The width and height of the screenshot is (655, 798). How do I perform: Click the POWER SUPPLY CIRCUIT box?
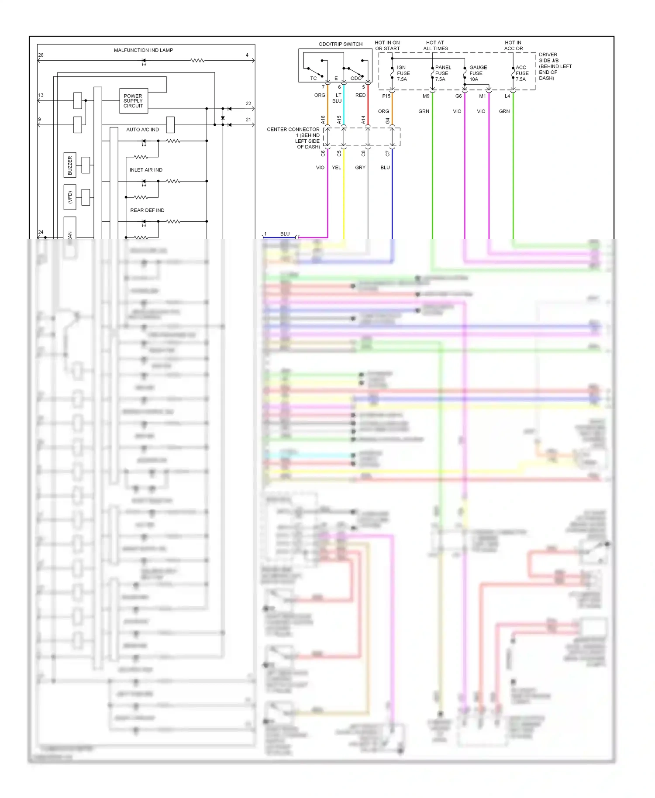click(133, 101)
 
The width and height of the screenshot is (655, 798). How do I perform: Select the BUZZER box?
click(70, 165)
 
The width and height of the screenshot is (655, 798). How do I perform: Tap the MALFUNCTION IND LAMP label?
click(143, 50)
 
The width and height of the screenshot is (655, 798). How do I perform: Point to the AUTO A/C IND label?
click(142, 130)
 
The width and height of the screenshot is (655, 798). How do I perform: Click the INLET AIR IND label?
click(146, 170)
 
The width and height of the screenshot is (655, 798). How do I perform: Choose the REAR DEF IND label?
click(147, 210)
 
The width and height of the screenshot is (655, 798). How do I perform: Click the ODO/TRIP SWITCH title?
click(341, 44)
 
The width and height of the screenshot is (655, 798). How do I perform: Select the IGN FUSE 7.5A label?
click(403, 73)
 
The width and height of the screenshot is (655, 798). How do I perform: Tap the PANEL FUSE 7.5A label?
click(442, 73)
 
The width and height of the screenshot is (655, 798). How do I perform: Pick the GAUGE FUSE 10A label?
click(478, 73)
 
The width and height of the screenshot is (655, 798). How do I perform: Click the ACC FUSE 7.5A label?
click(522, 73)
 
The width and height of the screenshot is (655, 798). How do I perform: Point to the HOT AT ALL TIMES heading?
click(435, 45)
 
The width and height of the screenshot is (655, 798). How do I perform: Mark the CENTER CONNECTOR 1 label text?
click(293, 138)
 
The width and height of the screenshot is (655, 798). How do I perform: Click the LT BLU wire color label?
click(337, 98)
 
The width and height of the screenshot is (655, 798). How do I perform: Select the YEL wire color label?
click(336, 168)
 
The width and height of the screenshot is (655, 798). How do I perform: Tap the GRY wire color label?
click(360, 168)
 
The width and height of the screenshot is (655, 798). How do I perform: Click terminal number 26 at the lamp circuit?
click(41, 55)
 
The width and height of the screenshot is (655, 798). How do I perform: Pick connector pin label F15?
click(386, 96)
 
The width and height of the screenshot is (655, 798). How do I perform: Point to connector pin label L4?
click(507, 96)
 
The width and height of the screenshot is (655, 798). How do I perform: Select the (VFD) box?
click(70, 197)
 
